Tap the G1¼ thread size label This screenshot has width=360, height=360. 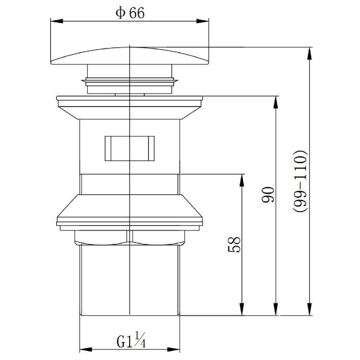click(130, 342)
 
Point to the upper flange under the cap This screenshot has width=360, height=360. click(130, 100)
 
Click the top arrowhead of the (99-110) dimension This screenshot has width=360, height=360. click(309, 51)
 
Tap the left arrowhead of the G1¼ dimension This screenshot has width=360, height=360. click(83, 349)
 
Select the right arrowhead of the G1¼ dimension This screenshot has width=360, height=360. click(178, 349)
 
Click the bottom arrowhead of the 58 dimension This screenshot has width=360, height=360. click(242, 312)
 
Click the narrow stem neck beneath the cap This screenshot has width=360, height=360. click(130, 79)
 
